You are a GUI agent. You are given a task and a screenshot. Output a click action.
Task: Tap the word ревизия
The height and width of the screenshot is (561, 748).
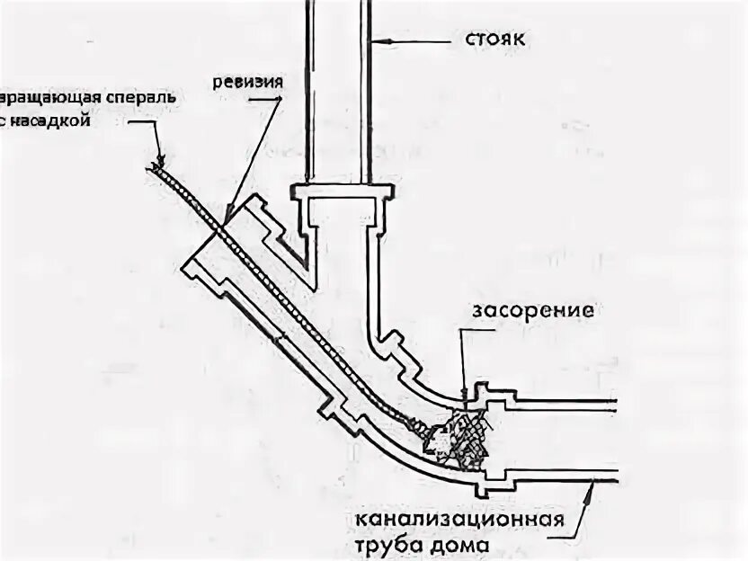[249, 82]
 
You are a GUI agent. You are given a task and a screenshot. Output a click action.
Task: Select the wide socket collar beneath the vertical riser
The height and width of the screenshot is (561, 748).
[343, 192]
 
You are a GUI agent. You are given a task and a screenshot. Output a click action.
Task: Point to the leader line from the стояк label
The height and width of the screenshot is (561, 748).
[419, 40]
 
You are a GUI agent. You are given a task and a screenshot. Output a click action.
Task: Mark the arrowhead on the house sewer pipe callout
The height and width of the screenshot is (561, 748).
[591, 486]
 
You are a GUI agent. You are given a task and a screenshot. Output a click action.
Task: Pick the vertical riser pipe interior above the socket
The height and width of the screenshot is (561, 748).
[336, 90]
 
